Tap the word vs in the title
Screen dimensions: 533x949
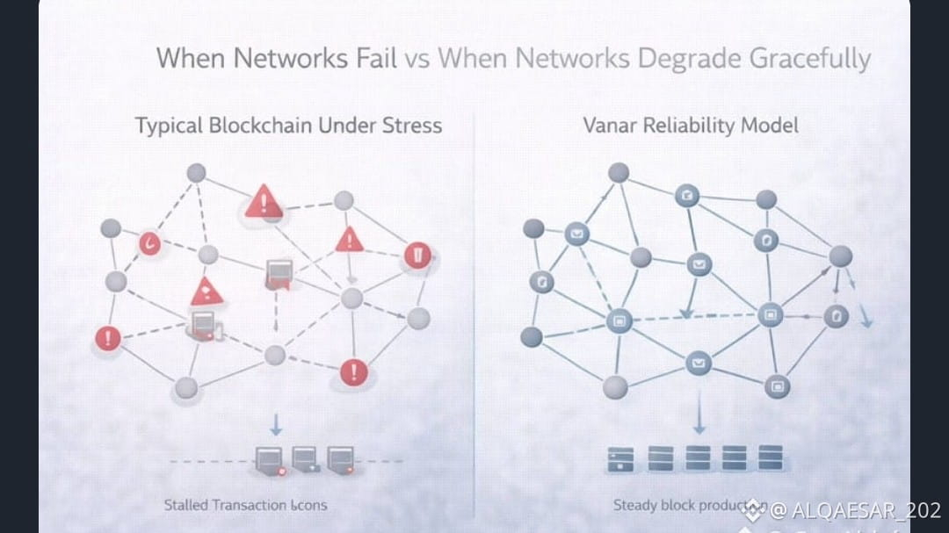419,60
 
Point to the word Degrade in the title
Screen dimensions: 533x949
690,60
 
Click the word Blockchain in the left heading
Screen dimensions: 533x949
260,126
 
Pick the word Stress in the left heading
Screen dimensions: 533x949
411,126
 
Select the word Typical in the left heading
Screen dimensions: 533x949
168,126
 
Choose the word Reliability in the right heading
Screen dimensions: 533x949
690,126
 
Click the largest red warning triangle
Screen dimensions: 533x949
263,202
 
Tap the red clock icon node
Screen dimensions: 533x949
149,242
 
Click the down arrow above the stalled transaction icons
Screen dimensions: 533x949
276,424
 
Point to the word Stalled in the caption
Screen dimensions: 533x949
185,505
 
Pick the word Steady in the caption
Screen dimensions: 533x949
635,505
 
